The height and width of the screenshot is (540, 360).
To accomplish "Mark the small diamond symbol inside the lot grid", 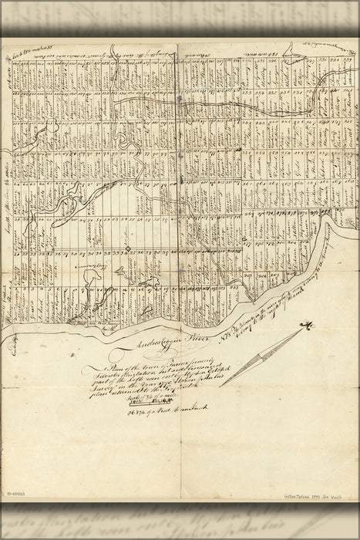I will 126,248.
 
